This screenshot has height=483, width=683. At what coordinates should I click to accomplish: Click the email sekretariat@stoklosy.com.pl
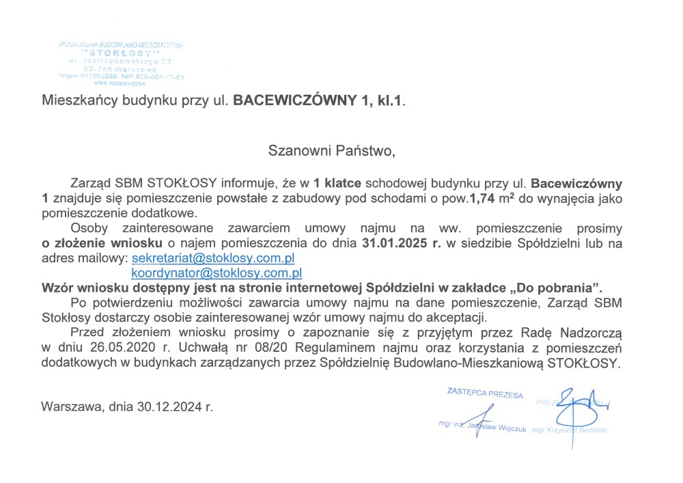[212, 259]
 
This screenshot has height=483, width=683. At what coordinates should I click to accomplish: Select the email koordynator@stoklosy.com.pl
[217, 273]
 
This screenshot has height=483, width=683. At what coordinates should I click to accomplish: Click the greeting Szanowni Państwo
[331, 150]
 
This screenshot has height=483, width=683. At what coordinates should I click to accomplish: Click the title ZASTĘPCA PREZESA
[485, 394]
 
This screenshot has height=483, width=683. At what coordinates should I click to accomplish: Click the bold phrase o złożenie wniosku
[102, 243]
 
